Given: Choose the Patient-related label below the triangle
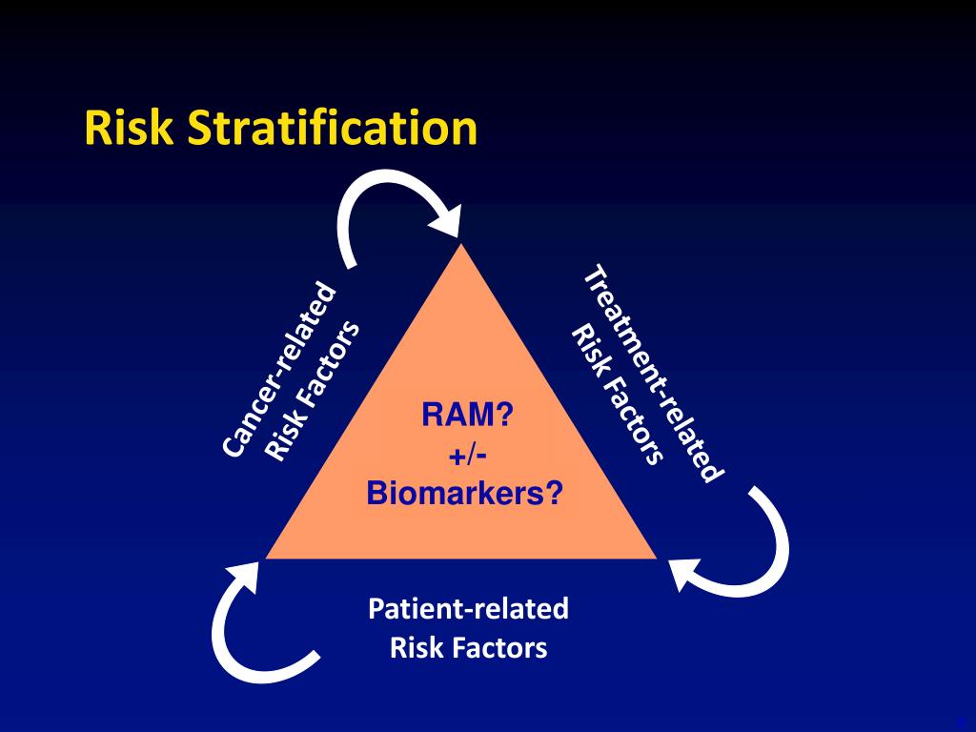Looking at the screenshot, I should [x=468, y=608].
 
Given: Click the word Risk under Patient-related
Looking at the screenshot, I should [x=412, y=648].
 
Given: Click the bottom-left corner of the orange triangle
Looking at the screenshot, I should [x=267, y=558].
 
